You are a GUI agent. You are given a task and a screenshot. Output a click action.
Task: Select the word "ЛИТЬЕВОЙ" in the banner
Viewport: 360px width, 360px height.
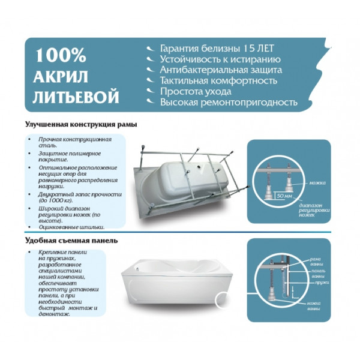pyautogui.click(x=77, y=97)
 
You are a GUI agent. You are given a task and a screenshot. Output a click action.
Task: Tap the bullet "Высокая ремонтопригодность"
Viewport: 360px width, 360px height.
pyautogui.click(x=228, y=102)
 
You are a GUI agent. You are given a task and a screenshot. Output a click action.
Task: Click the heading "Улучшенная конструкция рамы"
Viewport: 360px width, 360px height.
pyautogui.click(x=81, y=125)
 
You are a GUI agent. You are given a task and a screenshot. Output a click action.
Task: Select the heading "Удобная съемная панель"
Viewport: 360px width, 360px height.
pyautogui.click(x=71, y=241)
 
